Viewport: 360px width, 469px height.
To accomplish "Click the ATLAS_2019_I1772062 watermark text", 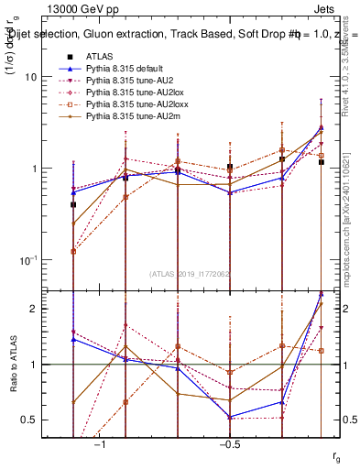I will click(191, 274).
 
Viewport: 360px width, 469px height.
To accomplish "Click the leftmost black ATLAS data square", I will click(73, 205).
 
